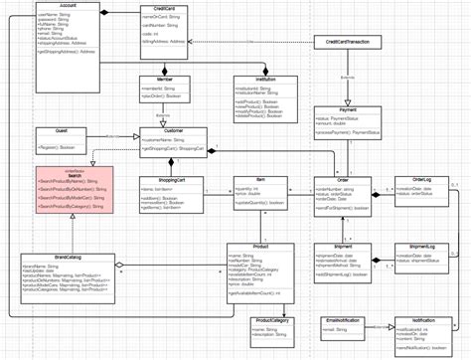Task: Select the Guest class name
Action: coord(62,130)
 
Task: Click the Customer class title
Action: coord(173,131)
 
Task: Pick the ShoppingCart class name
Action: coord(173,181)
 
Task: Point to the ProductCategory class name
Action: coord(270,293)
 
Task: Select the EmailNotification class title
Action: coord(341,293)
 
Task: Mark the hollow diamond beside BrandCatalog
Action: coord(120,266)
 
